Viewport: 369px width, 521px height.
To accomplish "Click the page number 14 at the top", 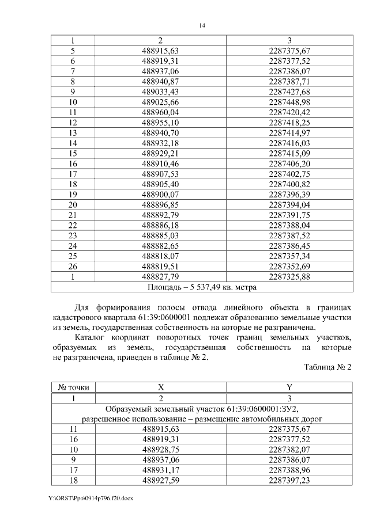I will pos(202,25).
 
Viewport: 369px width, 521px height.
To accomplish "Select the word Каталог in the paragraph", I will pos(95,336).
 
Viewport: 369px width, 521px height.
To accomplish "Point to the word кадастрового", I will pos(80,316).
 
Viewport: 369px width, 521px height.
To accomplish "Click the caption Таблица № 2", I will pos(327,367).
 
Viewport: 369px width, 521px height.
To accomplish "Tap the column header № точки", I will pos(73,388).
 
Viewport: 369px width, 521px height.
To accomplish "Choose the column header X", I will pos(160,388).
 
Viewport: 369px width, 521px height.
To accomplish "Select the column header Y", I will pos(289,388).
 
